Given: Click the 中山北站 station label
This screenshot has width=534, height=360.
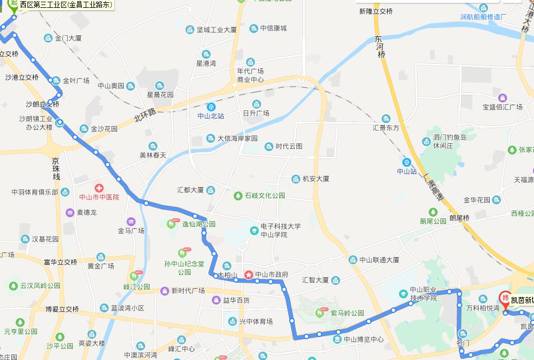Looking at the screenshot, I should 211,116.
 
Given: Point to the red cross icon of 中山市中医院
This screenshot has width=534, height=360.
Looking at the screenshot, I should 99,188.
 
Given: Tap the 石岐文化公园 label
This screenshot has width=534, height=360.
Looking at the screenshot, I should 264,196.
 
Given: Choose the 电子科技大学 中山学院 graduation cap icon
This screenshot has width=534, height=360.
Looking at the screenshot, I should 254,230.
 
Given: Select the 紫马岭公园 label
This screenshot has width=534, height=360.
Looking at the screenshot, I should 347,313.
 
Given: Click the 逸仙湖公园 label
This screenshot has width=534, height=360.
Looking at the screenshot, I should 198,224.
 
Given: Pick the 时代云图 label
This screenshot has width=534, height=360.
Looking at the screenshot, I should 289,147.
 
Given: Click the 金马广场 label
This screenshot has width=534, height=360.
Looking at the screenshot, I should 131,231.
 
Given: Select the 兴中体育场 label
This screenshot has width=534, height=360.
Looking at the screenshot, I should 256,321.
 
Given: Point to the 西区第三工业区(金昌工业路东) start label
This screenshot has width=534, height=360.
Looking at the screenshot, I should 66,5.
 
